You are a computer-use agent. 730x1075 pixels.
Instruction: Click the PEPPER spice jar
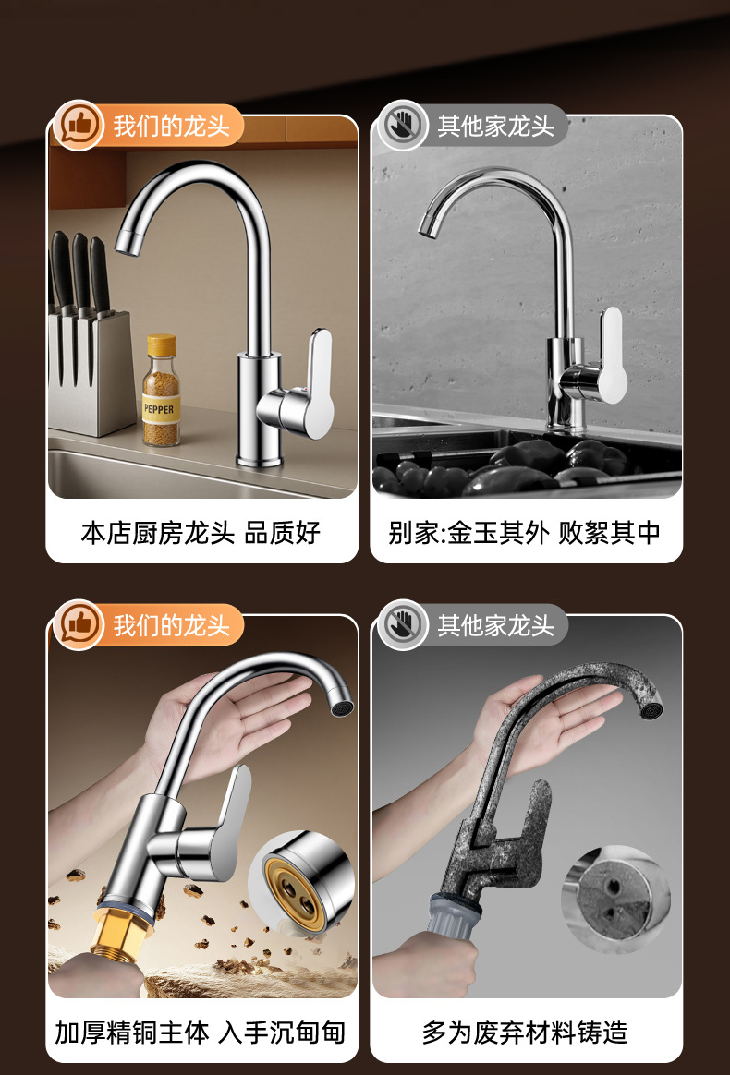pyautogui.click(x=161, y=391)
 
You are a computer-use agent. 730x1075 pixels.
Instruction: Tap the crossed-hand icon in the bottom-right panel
pyautogui.click(x=402, y=625)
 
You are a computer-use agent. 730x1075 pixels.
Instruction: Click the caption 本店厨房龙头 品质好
pyautogui.click(x=201, y=533)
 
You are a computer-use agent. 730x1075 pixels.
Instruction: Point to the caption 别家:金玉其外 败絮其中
pyautogui.click(x=525, y=533)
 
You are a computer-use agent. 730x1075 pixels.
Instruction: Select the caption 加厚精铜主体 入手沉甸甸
pyautogui.click(x=201, y=1033)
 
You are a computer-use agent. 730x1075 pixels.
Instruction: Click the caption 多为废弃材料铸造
pyautogui.click(x=525, y=1033)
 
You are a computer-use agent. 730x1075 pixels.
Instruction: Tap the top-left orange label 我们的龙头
pyautogui.click(x=171, y=126)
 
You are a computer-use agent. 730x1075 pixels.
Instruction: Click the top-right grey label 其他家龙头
pyautogui.click(x=495, y=127)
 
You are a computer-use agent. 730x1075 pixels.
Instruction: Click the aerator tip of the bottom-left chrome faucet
pyautogui.click(x=340, y=707)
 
